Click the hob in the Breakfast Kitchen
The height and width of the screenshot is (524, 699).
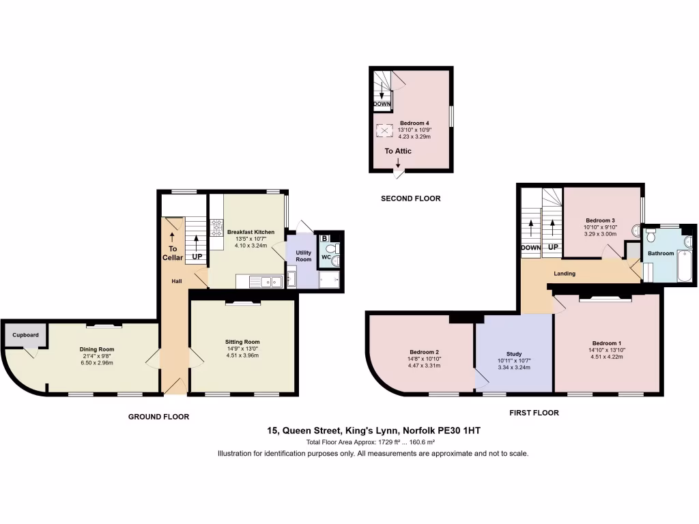218,227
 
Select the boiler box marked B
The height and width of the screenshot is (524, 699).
325,238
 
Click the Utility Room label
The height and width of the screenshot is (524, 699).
303,256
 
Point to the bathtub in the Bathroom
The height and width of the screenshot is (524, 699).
685,270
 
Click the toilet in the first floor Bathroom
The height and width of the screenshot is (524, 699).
651,235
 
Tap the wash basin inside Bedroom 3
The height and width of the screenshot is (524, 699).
637,230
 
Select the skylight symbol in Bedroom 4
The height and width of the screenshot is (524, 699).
384,130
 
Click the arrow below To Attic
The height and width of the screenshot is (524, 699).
398,162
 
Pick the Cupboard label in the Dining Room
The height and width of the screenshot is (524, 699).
25,335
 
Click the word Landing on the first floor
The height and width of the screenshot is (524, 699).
565,274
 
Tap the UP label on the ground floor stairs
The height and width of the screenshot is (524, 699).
197,257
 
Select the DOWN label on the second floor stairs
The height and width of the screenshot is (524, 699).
382,104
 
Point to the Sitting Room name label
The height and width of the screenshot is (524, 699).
242,342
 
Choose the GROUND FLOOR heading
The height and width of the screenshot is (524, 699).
158,416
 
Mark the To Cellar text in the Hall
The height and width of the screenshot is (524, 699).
172,253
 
